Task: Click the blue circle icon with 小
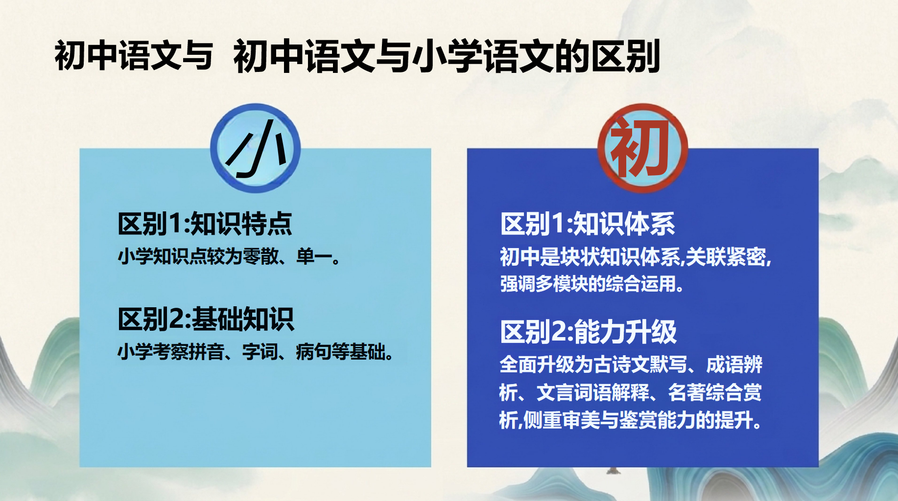point(255,147)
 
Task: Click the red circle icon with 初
point(642,147)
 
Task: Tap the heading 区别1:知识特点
point(205,224)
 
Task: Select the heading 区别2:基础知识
point(206,319)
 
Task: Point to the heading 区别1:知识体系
point(588,224)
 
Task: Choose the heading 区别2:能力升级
point(589,332)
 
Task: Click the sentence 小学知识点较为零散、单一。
point(229,256)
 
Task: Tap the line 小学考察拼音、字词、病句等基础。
point(256,352)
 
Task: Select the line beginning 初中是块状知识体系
point(636,257)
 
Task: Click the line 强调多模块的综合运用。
point(592,284)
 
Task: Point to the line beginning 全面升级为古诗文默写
point(631,365)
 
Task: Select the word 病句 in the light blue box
point(313,352)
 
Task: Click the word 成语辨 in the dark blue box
point(734,365)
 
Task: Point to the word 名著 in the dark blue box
point(686,392)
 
